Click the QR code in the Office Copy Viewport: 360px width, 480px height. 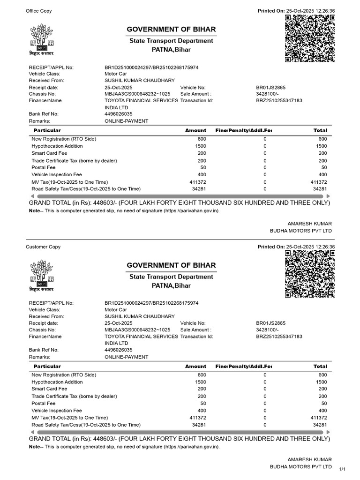coord(310,38)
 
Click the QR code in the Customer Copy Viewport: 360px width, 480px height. coord(310,274)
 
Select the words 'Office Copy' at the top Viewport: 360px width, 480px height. coord(39,11)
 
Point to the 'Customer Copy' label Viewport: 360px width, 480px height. coord(43,247)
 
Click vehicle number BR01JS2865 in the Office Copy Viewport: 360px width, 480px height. coord(270,88)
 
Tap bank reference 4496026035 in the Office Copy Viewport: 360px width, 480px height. coord(118,114)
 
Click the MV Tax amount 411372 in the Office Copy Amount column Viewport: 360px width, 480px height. coord(198,182)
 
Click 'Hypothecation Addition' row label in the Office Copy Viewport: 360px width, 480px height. coord(57,146)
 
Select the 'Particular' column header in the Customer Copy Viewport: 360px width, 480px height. coord(46,366)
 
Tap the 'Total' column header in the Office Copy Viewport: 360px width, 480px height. coord(320,130)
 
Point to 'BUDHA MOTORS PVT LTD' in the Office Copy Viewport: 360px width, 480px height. coord(300,231)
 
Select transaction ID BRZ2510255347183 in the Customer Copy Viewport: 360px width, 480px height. coord(279,337)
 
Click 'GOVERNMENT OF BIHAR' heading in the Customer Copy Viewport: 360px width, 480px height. coord(171,265)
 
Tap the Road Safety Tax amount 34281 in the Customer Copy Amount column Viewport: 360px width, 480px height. coord(199,425)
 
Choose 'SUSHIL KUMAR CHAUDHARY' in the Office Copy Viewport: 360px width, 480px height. coord(139,81)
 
